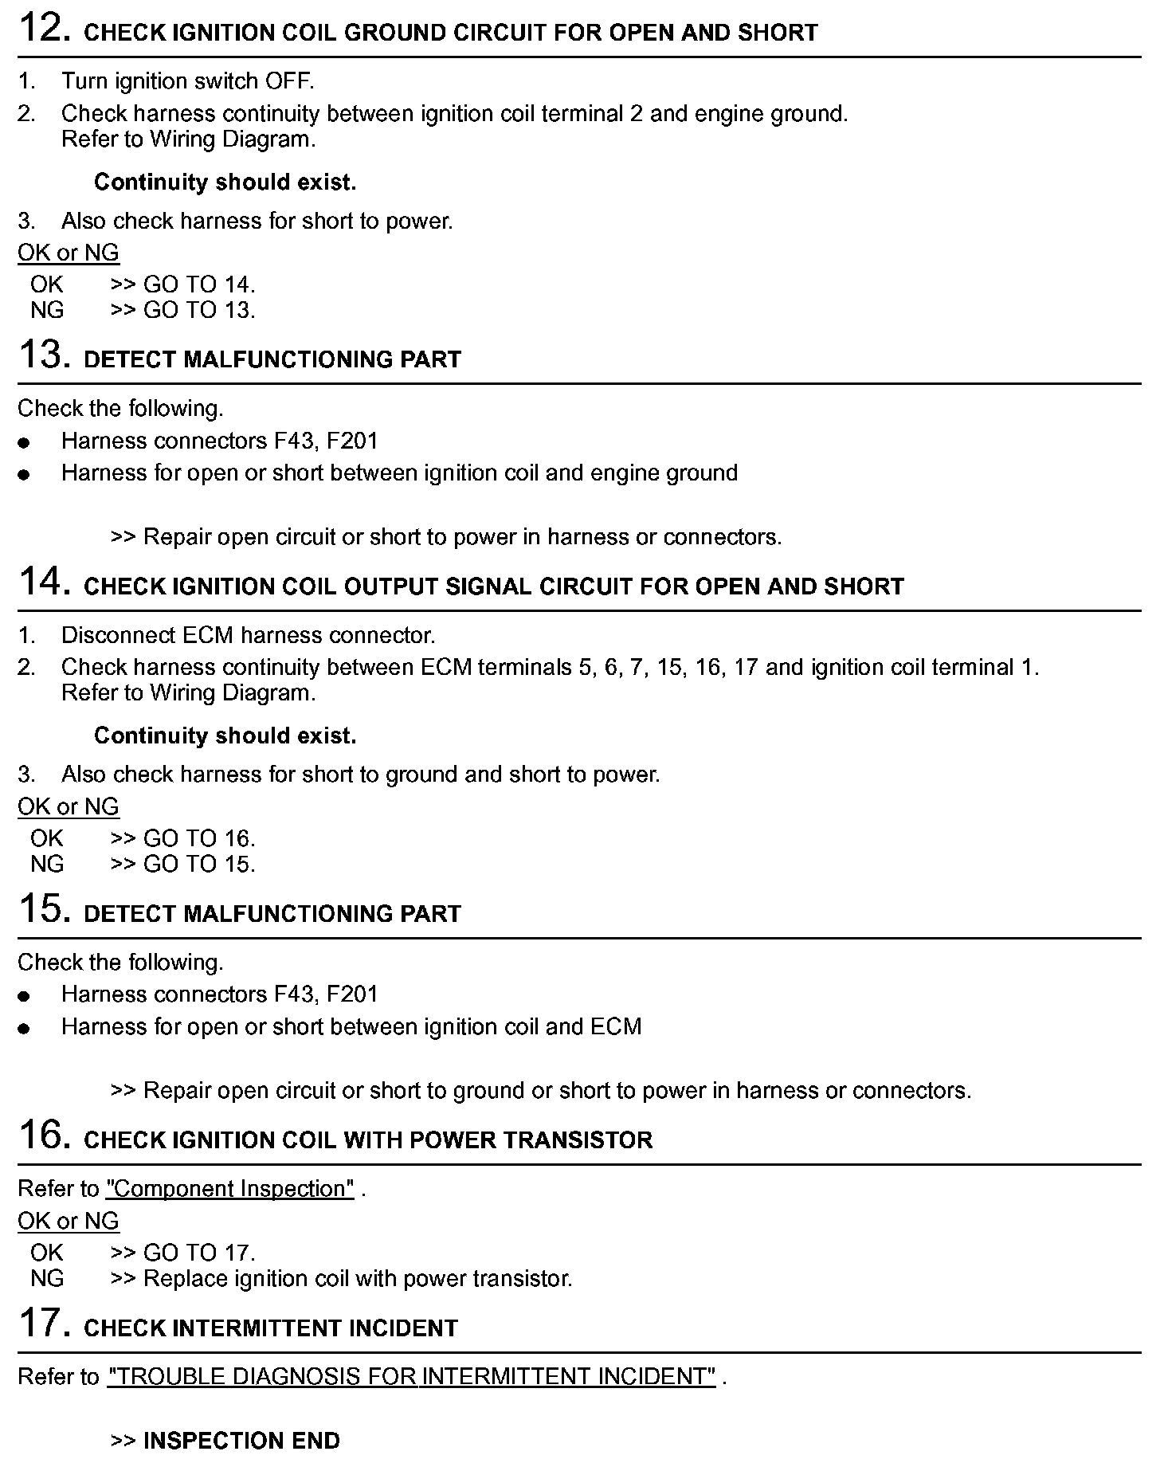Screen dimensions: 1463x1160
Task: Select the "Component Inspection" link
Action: pos(230,1188)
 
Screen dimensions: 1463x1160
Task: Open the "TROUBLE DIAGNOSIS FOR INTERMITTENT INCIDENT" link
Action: pos(411,1376)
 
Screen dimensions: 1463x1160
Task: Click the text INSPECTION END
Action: pos(241,1441)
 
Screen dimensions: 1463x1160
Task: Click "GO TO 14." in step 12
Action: pos(199,284)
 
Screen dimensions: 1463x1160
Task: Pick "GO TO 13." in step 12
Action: pos(199,310)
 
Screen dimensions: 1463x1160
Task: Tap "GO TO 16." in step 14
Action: pos(199,838)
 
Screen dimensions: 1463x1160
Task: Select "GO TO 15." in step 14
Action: pos(199,864)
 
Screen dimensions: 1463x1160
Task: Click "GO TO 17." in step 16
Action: pos(199,1253)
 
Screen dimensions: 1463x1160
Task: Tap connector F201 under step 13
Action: pos(352,441)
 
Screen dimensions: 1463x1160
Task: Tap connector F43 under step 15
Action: pos(294,994)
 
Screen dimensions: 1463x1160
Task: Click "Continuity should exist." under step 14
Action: pos(225,735)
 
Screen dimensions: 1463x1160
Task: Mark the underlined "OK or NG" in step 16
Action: pos(69,1221)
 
